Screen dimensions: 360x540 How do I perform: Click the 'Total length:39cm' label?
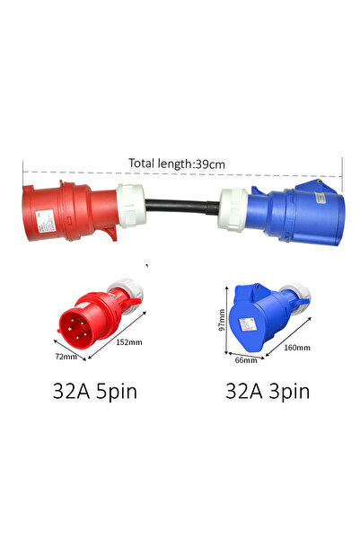[x=177, y=164]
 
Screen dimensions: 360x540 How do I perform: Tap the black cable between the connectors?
[x=182, y=207]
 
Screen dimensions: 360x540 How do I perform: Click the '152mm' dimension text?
[x=128, y=342]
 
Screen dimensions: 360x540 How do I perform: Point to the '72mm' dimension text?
[x=66, y=356]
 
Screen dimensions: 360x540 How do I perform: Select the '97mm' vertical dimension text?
[x=222, y=320]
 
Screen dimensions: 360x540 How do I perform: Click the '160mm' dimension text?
[x=296, y=348]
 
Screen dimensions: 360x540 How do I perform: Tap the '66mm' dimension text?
[x=246, y=360]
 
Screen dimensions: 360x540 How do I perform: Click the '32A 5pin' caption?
[x=94, y=392]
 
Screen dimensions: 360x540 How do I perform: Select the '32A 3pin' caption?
[x=268, y=392]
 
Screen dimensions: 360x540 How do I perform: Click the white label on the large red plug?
[x=46, y=220]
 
